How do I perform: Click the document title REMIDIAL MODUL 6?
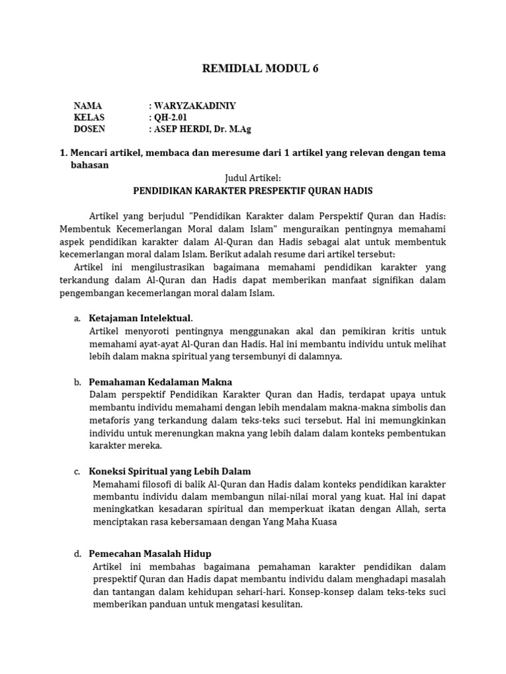[x=253, y=68]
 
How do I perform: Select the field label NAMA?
[x=88, y=105]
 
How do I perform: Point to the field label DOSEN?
[x=90, y=129]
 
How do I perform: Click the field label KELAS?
[x=89, y=117]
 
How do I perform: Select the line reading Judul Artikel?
[x=253, y=178]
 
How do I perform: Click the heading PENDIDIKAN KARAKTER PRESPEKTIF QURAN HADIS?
[x=253, y=191]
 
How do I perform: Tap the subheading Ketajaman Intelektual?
[x=140, y=319]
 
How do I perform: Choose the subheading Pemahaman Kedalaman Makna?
[x=160, y=382]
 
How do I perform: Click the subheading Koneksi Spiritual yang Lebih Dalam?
[x=169, y=471]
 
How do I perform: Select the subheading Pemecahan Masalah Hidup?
[x=150, y=554]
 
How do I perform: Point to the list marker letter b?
[x=77, y=382]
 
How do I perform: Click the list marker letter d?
[x=77, y=554]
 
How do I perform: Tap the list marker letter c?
[x=77, y=471]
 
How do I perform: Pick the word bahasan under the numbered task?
[x=90, y=165]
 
